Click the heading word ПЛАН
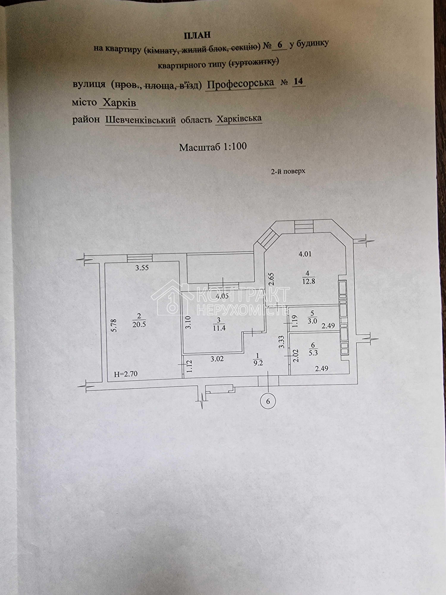tap(197, 35)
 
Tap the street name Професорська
tap(241, 84)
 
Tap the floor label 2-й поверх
tap(288, 171)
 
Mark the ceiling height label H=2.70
tap(125, 374)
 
